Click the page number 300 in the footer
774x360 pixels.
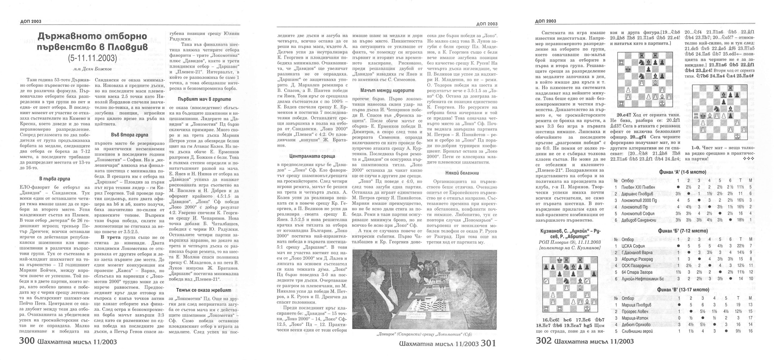[26, 341]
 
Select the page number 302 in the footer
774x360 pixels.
[544, 341]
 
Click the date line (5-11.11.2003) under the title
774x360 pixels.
[92, 58]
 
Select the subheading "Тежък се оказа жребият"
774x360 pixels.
[204, 290]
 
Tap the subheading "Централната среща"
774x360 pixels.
[307, 156]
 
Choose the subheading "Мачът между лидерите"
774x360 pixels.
[387, 90]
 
